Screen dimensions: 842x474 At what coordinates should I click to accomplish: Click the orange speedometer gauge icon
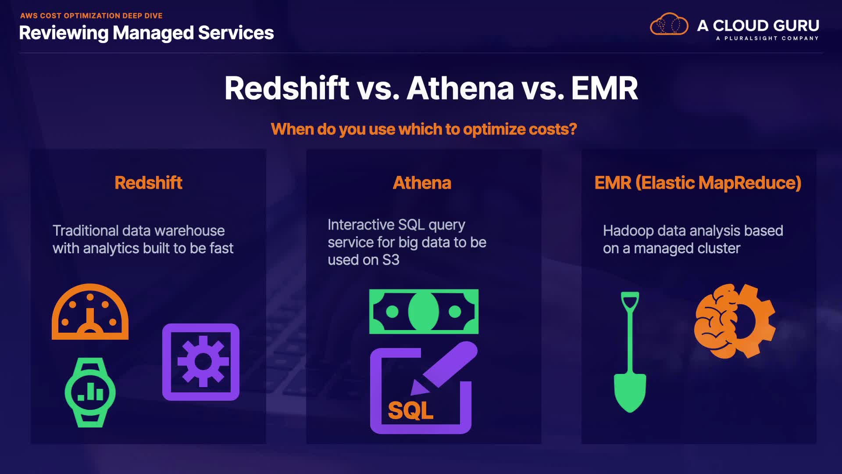(x=90, y=325)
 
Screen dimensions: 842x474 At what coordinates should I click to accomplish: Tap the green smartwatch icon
(x=90, y=392)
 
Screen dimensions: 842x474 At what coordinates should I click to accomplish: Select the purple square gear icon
(x=201, y=362)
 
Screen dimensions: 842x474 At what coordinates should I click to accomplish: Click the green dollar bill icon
(x=424, y=312)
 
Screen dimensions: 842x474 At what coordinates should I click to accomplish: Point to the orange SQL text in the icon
(x=410, y=411)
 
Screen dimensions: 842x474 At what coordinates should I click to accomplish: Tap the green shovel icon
(x=630, y=352)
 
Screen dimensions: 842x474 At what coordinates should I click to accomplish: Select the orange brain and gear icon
(x=735, y=321)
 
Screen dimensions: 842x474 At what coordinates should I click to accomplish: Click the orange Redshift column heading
(x=148, y=183)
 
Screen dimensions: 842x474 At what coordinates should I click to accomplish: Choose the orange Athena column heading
(x=422, y=183)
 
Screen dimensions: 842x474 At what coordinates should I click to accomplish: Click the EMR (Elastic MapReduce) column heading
(x=698, y=183)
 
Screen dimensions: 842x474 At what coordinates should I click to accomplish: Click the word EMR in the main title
(x=604, y=88)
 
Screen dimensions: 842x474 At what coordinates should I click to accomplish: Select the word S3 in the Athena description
(x=391, y=260)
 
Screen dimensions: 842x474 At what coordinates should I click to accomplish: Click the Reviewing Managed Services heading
(x=146, y=33)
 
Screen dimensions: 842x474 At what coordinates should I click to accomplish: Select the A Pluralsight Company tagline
(x=767, y=38)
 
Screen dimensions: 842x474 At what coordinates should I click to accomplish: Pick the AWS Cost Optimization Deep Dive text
(x=91, y=16)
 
